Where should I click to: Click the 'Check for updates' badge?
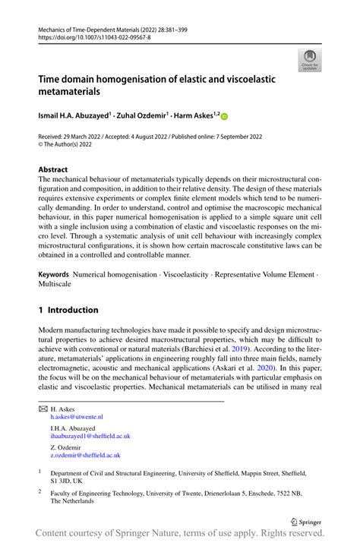tap(309, 59)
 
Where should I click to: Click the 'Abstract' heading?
tap(53, 169)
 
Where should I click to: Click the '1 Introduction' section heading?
tap(68, 310)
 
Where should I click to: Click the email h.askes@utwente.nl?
tap(77, 417)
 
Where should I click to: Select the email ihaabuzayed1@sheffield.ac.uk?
tap(90, 437)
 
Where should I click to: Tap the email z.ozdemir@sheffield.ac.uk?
tap(87, 456)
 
